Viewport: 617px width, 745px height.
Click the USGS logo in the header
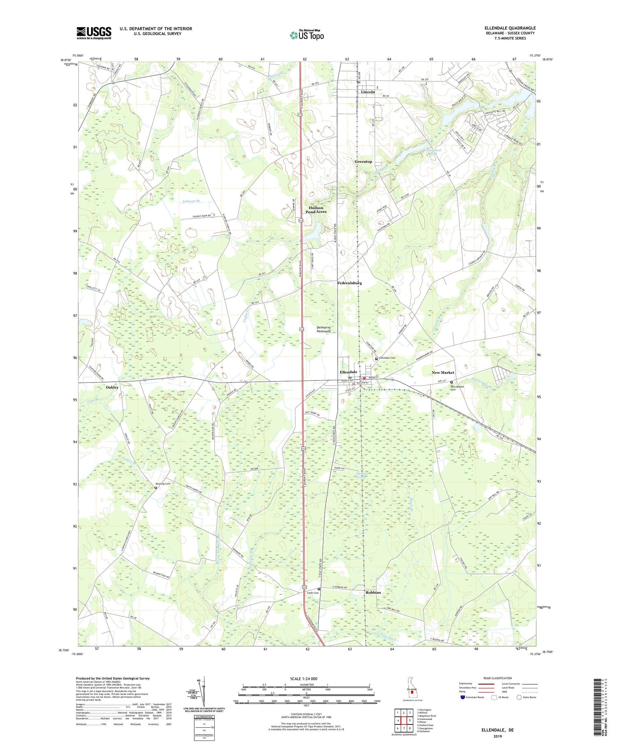click(94, 33)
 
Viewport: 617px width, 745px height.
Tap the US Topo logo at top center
click(306, 35)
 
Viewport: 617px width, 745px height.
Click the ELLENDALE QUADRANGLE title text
click(510, 28)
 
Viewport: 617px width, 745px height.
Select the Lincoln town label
click(368, 92)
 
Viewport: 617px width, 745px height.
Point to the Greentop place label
click(363, 161)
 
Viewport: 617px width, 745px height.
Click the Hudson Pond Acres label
click(316, 210)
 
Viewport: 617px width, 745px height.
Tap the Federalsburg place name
click(349, 283)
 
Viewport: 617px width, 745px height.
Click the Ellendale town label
click(348, 372)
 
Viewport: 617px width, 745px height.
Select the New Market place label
click(443, 372)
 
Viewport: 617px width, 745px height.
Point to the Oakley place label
click(112, 387)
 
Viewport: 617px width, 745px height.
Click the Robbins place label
click(373, 592)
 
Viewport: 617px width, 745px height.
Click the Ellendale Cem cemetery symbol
click(376, 358)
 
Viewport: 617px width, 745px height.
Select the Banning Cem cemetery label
click(162, 484)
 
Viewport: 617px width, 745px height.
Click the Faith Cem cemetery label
click(313, 593)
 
